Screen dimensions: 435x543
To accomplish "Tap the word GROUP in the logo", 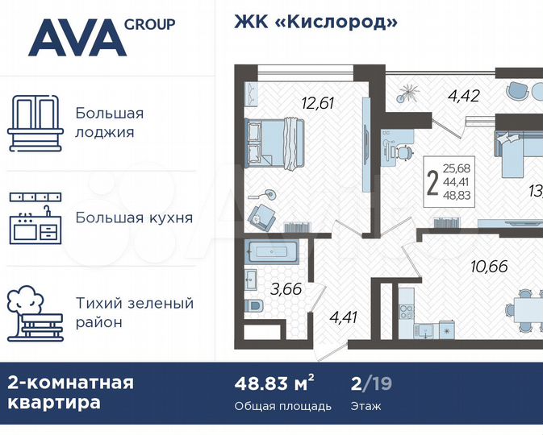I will click(149, 23).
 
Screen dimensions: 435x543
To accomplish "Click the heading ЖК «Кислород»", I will click(315, 22).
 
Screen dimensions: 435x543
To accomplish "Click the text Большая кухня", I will click(134, 217).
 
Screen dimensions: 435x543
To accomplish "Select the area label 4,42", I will click(464, 97).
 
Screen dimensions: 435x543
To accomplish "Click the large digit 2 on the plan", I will click(433, 182).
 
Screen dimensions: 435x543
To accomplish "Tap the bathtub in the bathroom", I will click(275, 252).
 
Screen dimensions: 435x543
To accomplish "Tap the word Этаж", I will click(366, 406).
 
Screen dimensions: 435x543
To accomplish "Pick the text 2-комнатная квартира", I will click(71, 392).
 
